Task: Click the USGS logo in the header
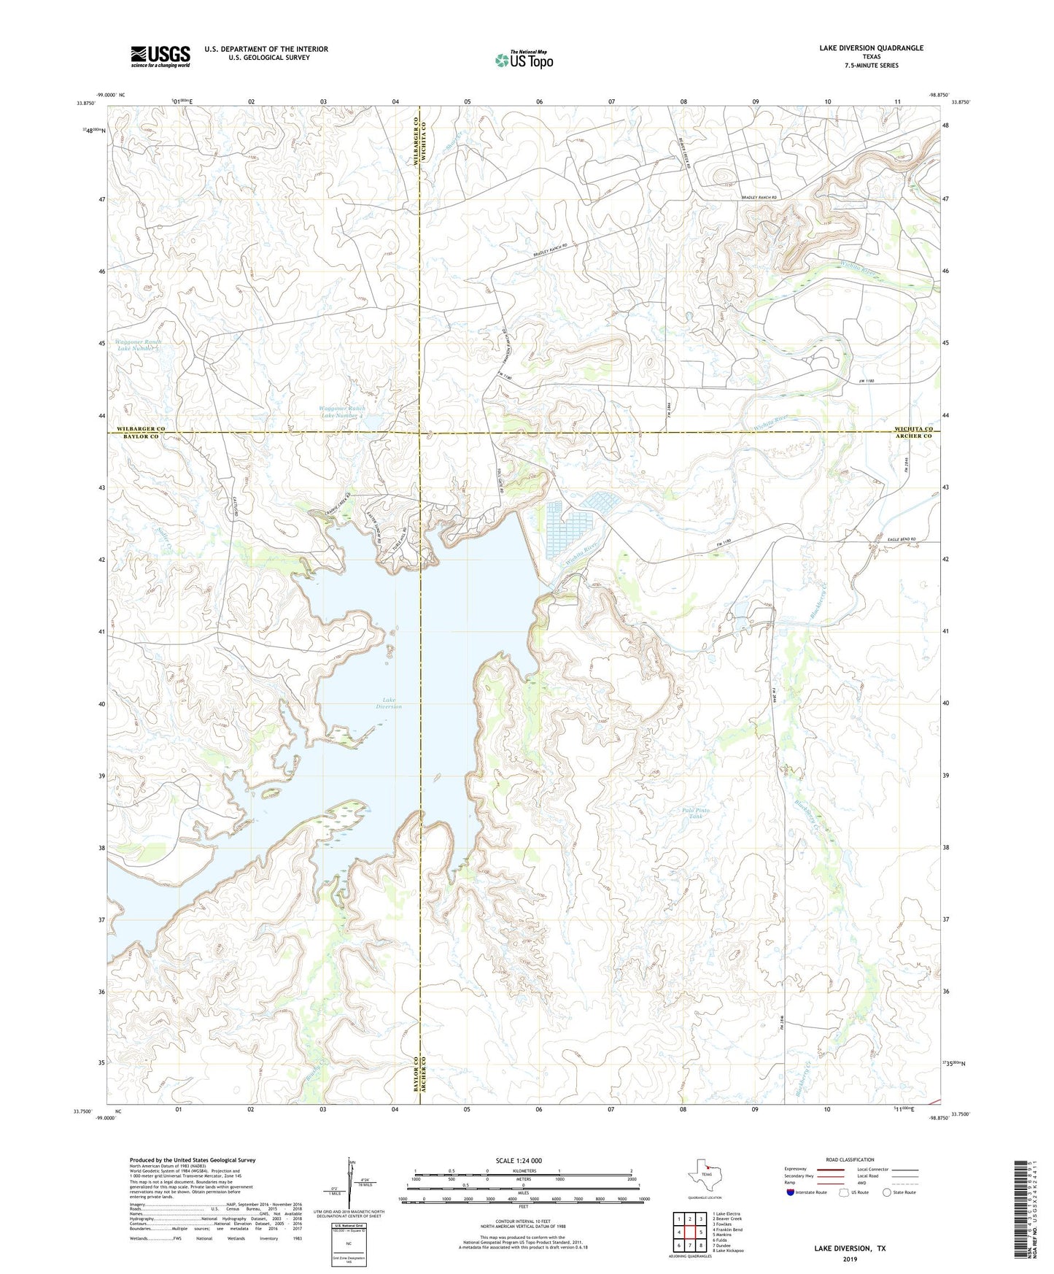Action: (x=160, y=56)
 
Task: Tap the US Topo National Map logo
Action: (x=523, y=60)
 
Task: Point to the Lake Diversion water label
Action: (x=389, y=703)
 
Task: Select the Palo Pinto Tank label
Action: (x=695, y=813)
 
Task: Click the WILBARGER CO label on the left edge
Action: (x=141, y=429)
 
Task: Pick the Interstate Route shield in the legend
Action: (x=790, y=1192)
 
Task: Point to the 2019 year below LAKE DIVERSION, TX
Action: (x=850, y=1259)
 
